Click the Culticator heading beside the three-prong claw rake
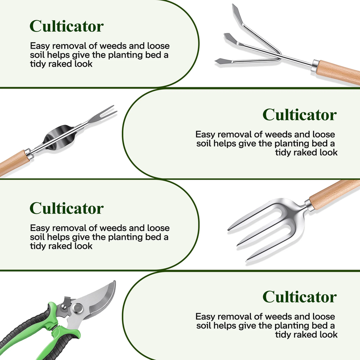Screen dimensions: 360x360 67,26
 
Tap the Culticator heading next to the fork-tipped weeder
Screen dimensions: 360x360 300,115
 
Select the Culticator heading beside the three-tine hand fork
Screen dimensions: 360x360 67,208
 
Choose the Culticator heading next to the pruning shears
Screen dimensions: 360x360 300,297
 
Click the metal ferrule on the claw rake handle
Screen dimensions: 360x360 315,65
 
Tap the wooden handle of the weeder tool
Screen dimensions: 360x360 14,162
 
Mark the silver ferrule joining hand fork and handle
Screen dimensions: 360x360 309,205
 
